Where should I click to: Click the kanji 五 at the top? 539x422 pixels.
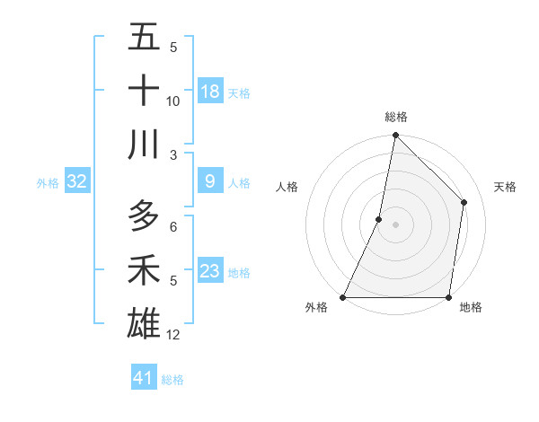[x=144, y=38]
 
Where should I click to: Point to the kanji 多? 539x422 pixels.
[x=144, y=216]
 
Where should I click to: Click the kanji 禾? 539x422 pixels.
[x=144, y=269]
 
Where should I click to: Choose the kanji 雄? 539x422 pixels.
[x=144, y=322]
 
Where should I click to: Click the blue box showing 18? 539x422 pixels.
[x=210, y=91]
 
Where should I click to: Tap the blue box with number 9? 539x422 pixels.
[x=210, y=181]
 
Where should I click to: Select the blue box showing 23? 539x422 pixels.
[x=210, y=270]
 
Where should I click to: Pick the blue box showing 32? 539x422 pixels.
[x=77, y=181]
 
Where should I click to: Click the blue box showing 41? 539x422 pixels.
[x=144, y=378]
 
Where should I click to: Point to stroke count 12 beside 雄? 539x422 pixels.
[x=173, y=335]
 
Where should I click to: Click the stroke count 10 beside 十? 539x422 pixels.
[x=173, y=101]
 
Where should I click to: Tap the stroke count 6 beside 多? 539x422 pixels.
[x=173, y=227]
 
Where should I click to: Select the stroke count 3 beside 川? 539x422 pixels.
[x=173, y=154]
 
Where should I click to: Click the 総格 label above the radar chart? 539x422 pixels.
[x=395, y=117]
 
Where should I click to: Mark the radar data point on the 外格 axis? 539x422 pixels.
[x=343, y=297]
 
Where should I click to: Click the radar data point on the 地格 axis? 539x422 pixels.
[x=448, y=297]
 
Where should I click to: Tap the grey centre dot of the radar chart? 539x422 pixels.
[x=395, y=224]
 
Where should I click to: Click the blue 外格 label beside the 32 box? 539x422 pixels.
[x=48, y=183]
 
